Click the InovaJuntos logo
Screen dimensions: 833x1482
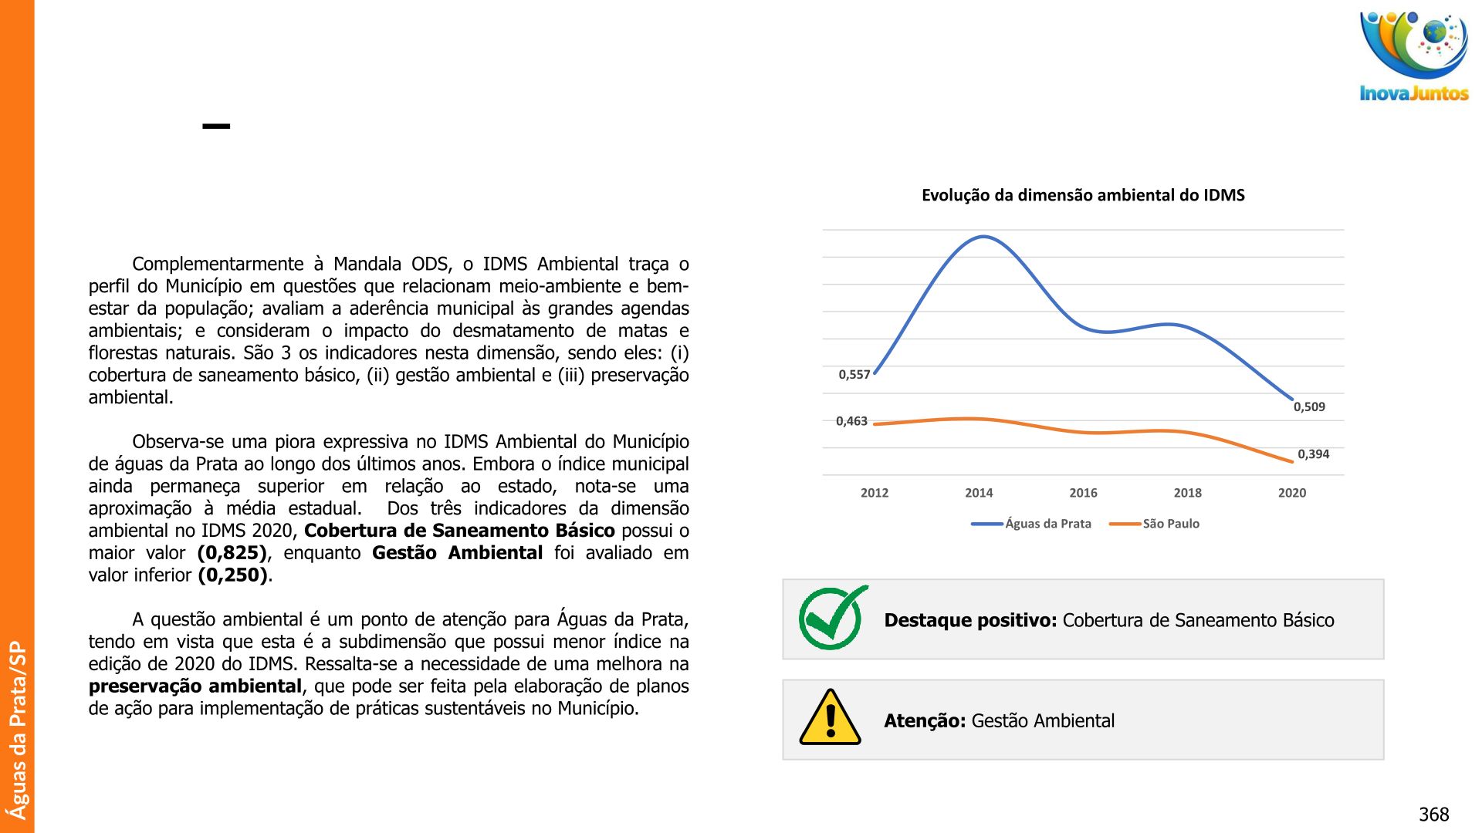1413,56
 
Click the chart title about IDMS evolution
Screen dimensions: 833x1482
1083,195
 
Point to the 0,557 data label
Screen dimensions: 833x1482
854,375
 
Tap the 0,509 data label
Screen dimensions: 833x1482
1309,407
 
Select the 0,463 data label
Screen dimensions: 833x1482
851,421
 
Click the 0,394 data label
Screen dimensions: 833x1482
1313,454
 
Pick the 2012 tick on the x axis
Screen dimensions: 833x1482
875,493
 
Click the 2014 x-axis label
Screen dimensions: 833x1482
979,493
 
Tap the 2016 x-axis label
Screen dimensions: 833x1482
1083,493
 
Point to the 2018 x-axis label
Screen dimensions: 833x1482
1187,493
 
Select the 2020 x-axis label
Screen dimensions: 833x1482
1291,493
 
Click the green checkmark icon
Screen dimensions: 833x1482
832,618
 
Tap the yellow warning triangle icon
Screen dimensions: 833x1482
831,719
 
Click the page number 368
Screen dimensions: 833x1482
1433,814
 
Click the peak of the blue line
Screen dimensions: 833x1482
983,237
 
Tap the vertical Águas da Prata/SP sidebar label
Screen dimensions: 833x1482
17,730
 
